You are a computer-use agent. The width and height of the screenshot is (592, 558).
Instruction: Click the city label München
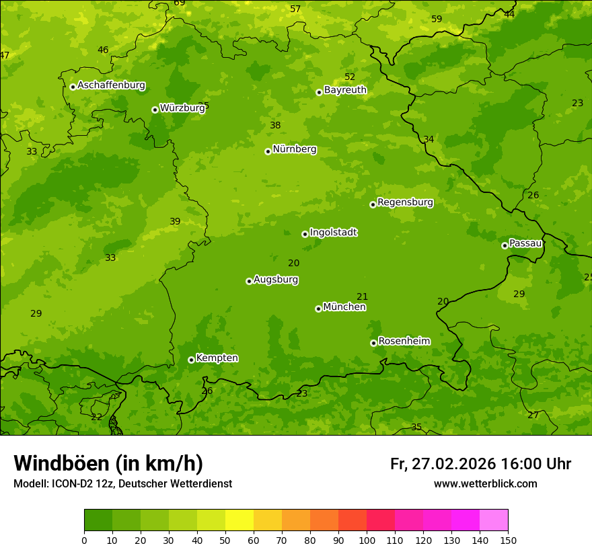[x=344, y=307]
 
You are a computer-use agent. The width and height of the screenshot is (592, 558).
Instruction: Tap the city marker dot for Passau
[x=505, y=245]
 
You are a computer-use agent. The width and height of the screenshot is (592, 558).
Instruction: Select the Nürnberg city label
[x=294, y=149]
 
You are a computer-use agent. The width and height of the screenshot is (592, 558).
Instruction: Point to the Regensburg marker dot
[x=373, y=204]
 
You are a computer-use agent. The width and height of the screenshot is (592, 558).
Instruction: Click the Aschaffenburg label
[x=111, y=85]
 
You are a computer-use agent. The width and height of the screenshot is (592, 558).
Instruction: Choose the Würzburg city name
[x=182, y=108]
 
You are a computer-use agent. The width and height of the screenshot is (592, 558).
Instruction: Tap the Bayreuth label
[x=345, y=90]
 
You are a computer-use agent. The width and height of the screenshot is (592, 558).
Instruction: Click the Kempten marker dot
[x=191, y=360]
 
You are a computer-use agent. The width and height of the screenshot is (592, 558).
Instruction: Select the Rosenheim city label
[x=404, y=342]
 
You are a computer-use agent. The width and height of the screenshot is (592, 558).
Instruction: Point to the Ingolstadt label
[x=333, y=233]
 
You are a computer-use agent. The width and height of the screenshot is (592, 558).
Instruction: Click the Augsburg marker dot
[x=249, y=281]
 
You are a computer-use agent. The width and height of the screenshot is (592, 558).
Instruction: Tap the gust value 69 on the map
[x=180, y=3]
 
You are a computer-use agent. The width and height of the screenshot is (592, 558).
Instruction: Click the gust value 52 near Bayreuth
[x=350, y=77]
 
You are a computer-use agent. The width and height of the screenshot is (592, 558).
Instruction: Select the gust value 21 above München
[x=362, y=296]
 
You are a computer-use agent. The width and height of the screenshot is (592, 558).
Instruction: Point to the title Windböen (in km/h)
[x=108, y=463]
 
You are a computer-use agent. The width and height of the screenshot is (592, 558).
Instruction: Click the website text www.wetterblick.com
[x=485, y=483]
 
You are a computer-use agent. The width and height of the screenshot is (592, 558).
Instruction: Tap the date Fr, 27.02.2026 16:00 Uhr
[x=480, y=464]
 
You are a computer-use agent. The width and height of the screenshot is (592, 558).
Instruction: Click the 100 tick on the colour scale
[x=367, y=540]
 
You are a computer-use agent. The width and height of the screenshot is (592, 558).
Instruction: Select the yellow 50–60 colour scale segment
[x=239, y=520]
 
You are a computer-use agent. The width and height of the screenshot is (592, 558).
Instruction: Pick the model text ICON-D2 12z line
[x=122, y=483]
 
